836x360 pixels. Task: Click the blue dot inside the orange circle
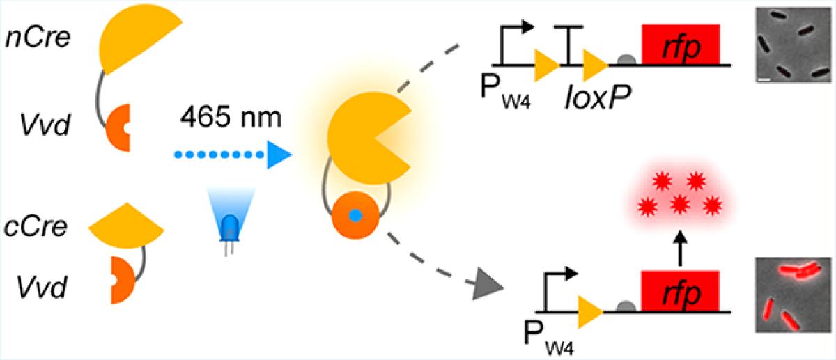[x=355, y=217]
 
